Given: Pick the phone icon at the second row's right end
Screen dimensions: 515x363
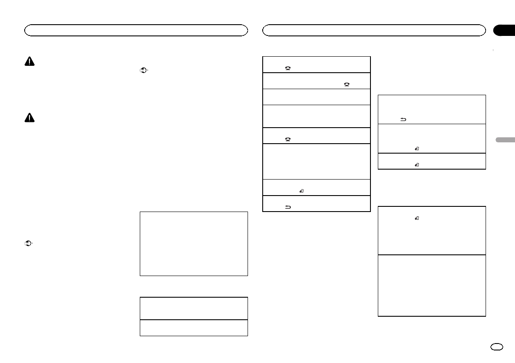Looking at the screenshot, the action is coord(347,85).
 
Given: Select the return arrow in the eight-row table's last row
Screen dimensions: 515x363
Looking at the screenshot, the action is coord(287,207).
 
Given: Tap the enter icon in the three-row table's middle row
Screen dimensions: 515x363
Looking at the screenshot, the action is coord(416,149).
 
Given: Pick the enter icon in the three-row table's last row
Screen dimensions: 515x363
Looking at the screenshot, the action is coord(416,165).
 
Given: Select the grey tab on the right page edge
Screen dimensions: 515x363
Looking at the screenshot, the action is coord(504,140).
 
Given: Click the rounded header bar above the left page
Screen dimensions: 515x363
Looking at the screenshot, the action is coord(136,30).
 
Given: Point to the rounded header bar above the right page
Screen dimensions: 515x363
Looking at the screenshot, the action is coord(374,30).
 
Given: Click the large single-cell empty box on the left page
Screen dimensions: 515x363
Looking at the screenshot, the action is coord(193,244).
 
